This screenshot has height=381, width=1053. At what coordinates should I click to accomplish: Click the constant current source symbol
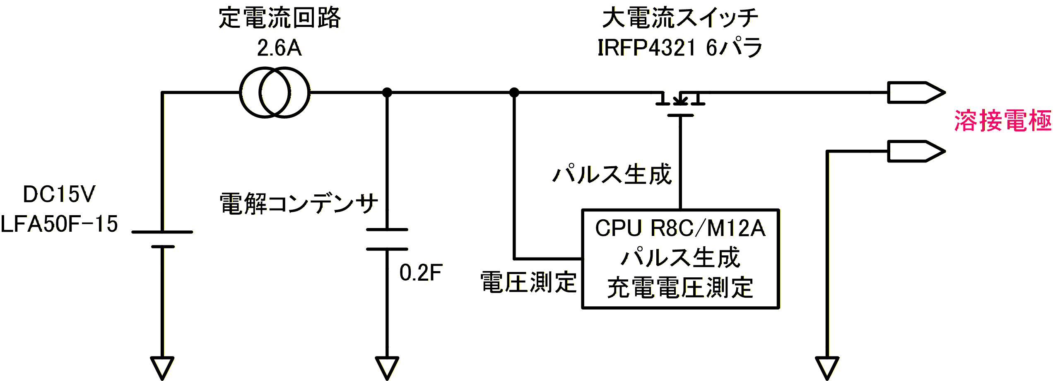tap(275, 92)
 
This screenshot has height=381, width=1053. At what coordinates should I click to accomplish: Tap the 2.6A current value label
tap(279, 48)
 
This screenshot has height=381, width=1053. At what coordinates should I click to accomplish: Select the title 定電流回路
tap(280, 18)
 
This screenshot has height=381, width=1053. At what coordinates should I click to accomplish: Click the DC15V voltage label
tap(59, 194)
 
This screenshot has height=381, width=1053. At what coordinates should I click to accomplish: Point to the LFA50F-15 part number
tap(59, 224)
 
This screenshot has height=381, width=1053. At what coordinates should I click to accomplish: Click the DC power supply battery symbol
tap(162, 239)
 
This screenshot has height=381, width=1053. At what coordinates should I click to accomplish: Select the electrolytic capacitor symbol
tap(387, 239)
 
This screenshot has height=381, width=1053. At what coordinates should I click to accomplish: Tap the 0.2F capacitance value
tap(421, 273)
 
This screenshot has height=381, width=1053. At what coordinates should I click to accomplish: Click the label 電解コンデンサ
tap(299, 204)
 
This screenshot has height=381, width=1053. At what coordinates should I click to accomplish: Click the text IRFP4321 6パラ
tap(680, 48)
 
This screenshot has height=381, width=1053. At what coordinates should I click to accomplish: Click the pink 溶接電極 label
tap(1002, 121)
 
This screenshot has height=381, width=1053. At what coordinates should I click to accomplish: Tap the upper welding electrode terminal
tap(916, 92)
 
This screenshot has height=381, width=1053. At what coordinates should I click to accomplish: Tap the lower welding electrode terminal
tap(916, 151)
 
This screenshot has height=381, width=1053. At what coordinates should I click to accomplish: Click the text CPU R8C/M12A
tap(680, 228)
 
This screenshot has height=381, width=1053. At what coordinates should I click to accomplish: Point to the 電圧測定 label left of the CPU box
tap(528, 283)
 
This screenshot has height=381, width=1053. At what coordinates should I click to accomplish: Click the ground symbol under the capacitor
tap(387, 366)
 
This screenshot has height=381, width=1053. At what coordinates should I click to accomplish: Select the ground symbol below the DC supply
tap(162, 366)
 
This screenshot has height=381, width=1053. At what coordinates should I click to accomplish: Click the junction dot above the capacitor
tap(387, 92)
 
